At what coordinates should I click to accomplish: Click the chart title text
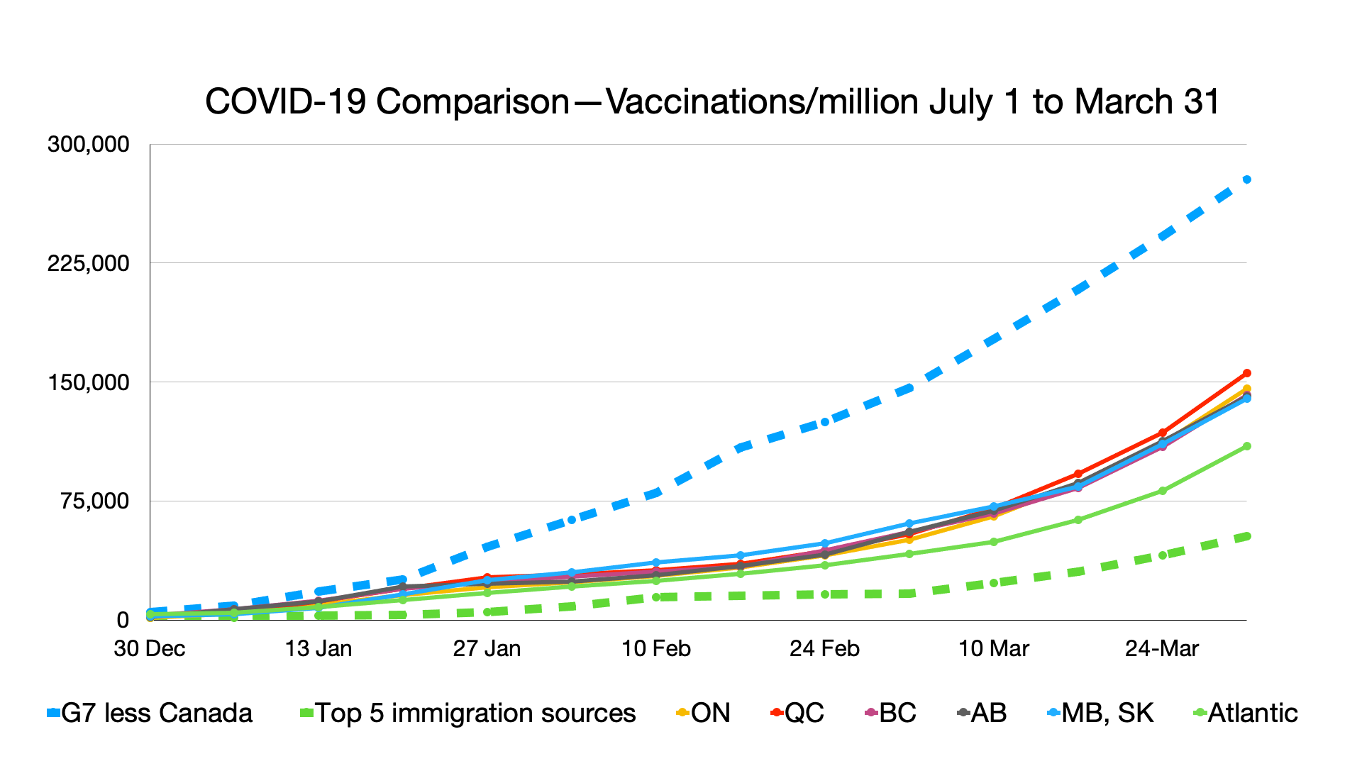(x=712, y=102)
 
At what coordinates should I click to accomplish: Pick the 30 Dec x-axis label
(x=150, y=649)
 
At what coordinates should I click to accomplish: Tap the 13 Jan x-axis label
(x=319, y=649)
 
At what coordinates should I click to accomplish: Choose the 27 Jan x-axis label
(x=487, y=649)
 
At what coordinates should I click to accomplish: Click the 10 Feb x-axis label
(x=656, y=649)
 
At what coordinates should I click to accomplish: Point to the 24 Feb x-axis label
(x=825, y=649)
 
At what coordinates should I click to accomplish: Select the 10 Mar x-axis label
(x=994, y=649)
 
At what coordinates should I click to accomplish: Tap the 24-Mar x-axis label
(x=1162, y=649)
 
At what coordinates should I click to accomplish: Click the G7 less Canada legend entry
(x=150, y=714)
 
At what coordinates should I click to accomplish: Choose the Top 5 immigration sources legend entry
(x=468, y=714)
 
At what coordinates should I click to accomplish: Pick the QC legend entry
(x=798, y=714)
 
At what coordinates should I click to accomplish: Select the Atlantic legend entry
(x=1246, y=714)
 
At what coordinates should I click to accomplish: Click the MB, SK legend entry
(x=1101, y=714)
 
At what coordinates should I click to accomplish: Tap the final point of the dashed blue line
(x=1247, y=179)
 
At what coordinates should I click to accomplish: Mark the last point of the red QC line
(x=1247, y=373)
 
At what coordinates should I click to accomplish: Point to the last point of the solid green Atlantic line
(x=1247, y=446)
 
